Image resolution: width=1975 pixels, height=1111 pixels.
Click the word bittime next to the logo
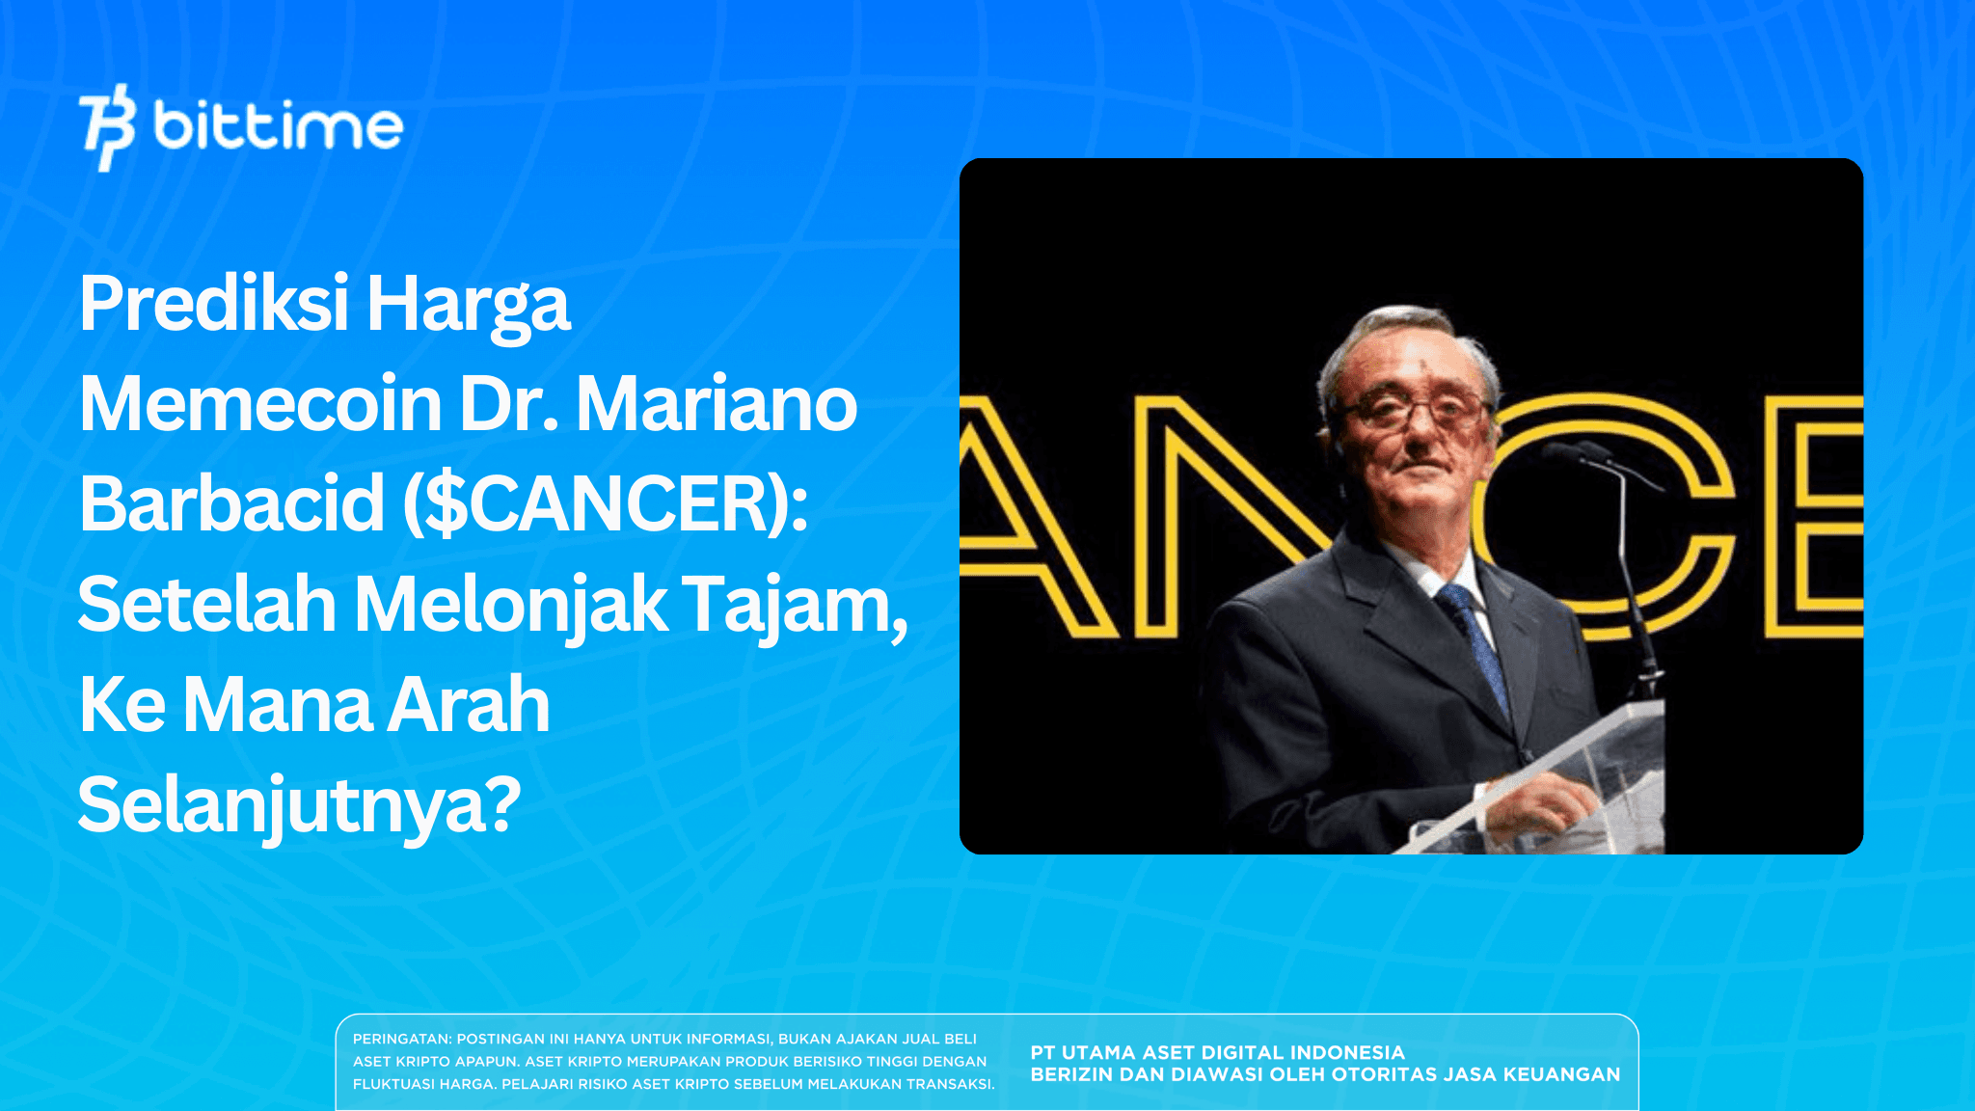(x=278, y=127)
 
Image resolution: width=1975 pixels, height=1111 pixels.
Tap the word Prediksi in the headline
(x=213, y=304)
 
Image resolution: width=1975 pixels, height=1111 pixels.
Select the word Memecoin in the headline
(x=260, y=404)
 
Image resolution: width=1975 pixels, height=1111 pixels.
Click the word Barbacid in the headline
(x=231, y=504)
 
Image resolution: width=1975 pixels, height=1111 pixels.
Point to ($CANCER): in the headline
(x=605, y=504)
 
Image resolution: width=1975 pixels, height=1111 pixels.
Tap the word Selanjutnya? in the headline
(x=299, y=806)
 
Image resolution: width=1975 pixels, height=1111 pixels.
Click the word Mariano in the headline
(x=716, y=404)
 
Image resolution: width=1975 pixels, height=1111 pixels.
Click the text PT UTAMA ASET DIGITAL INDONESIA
(x=1217, y=1052)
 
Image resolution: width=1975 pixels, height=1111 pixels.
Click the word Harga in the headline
(x=469, y=304)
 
